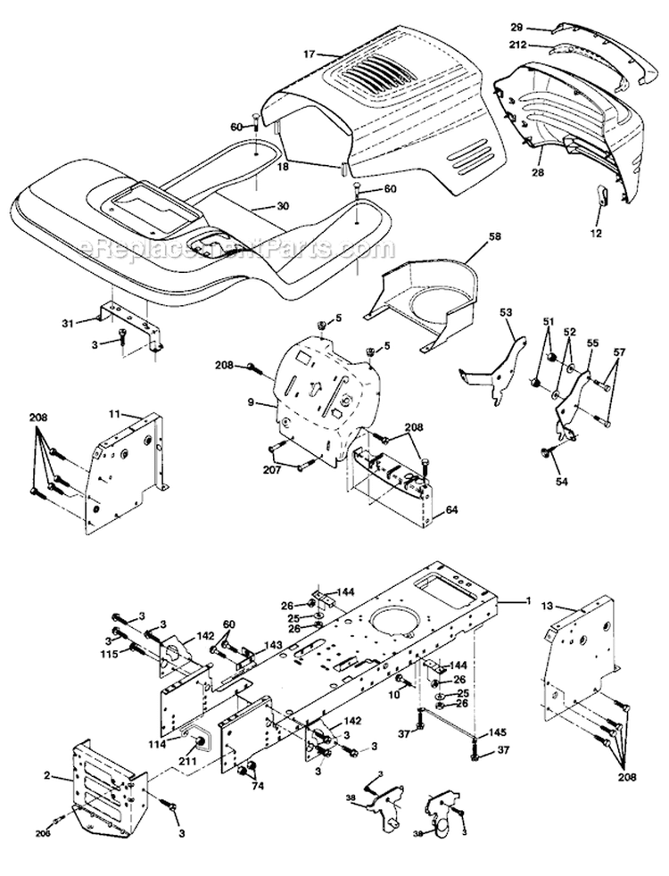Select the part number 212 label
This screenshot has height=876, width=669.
click(x=517, y=44)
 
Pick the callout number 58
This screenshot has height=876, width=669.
click(x=495, y=237)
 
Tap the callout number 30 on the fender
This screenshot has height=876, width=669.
click(x=283, y=206)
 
